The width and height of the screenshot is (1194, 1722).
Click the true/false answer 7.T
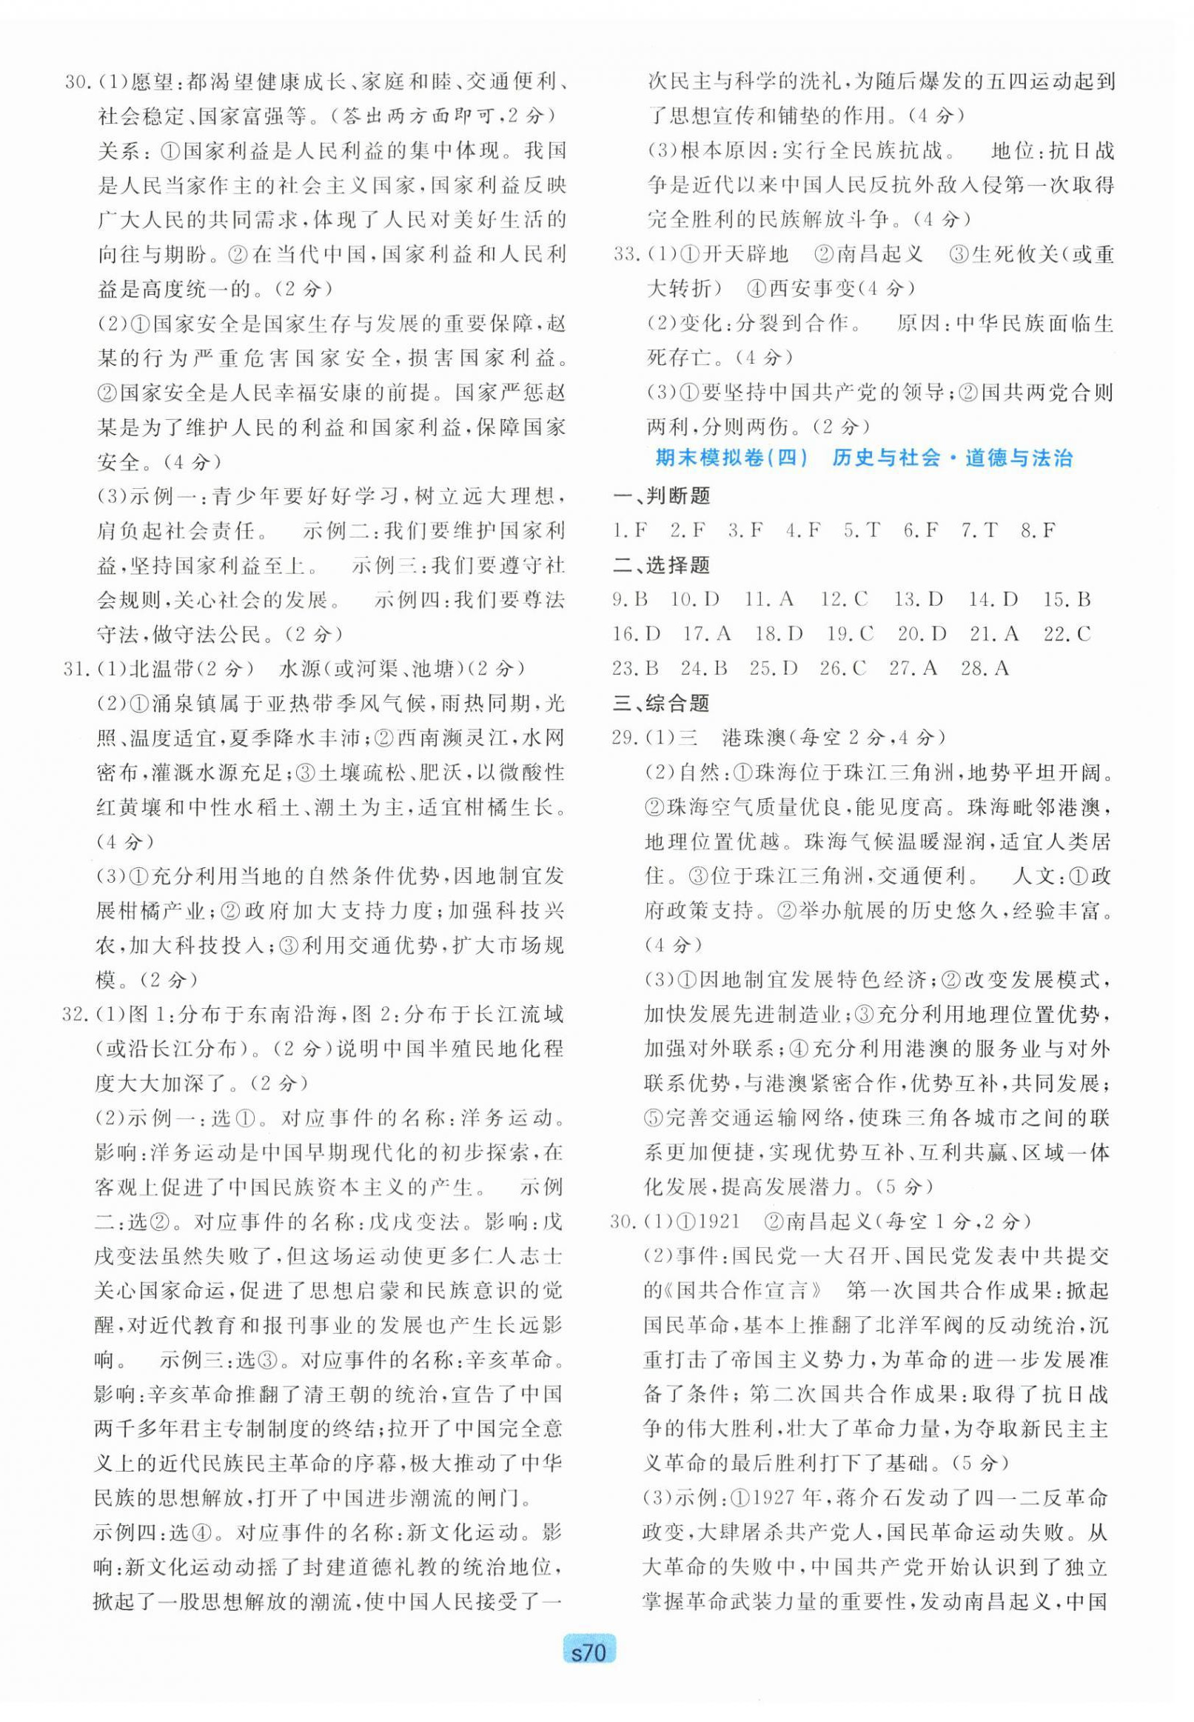pos(980,530)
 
